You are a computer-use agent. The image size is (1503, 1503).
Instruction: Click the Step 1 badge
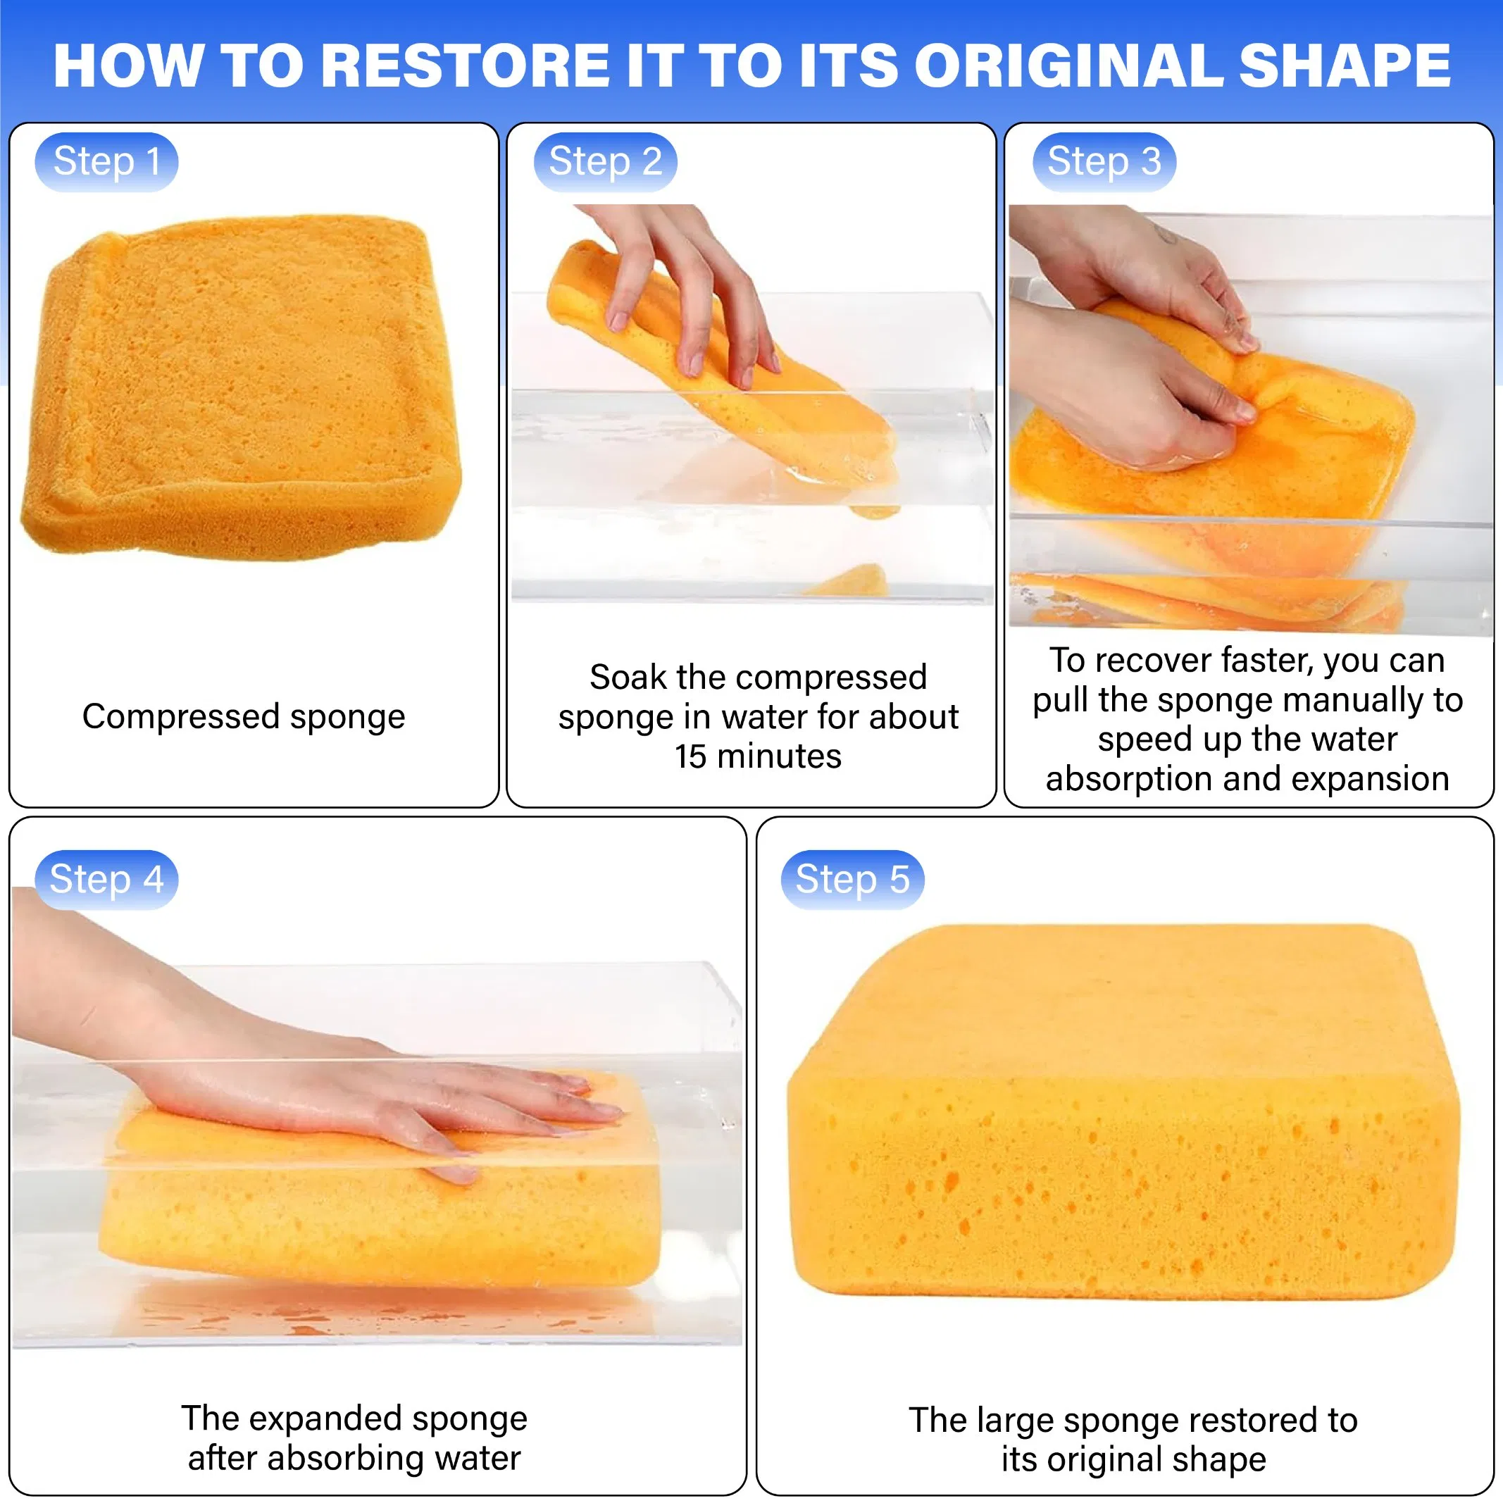tap(106, 163)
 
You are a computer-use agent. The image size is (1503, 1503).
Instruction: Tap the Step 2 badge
tap(605, 163)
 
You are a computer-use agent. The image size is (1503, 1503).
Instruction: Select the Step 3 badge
tap(1104, 163)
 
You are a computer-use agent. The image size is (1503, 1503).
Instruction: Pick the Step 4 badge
tap(106, 880)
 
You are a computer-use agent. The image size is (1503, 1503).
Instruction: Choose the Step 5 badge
tap(853, 880)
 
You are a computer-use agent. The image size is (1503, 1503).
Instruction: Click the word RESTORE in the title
tap(466, 67)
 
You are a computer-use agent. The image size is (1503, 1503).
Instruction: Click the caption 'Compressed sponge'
tap(244, 716)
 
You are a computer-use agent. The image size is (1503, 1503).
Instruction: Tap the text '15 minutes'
tap(758, 756)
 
